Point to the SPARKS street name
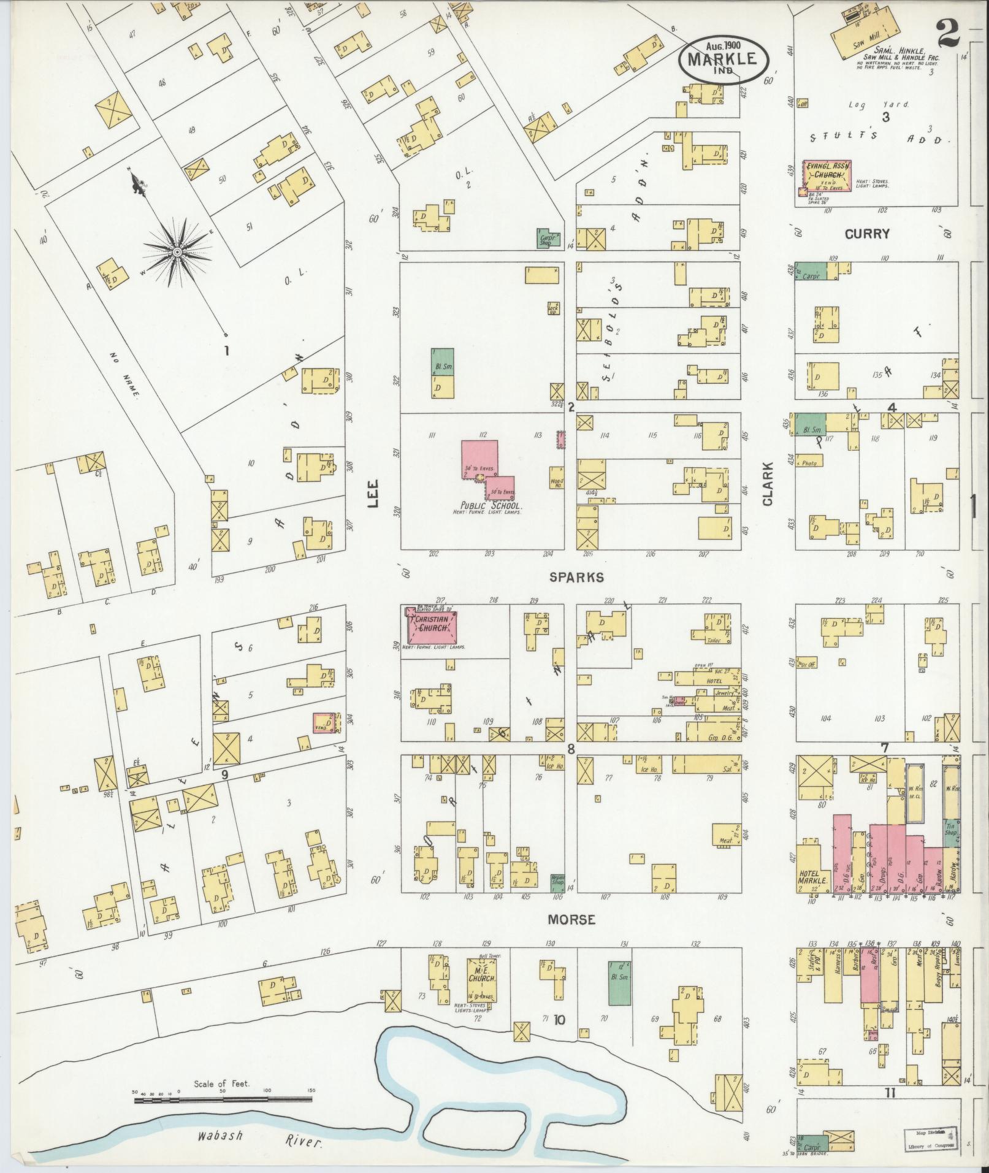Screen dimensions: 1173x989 tap(576, 577)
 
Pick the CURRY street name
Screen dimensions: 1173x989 tap(866, 234)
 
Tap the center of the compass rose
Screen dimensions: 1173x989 tap(177, 252)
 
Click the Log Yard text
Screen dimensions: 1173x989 tap(879, 105)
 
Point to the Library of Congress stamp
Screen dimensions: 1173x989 tap(928, 1140)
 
